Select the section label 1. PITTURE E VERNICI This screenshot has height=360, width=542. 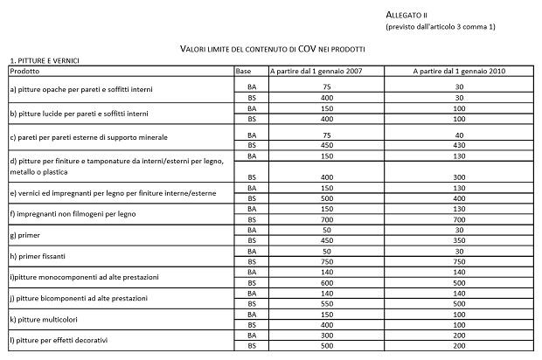coord(45,60)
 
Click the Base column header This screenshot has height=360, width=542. coord(244,70)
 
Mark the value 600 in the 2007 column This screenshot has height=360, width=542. coord(326,283)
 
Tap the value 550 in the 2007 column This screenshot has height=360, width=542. coord(326,303)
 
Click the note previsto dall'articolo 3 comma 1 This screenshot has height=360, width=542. coord(441,27)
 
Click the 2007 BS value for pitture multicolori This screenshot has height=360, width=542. coord(326,324)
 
